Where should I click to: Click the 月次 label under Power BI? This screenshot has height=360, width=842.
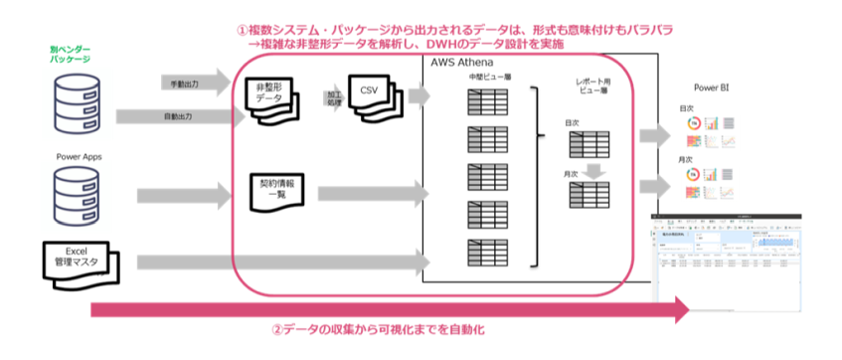[x=686, y=159]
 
